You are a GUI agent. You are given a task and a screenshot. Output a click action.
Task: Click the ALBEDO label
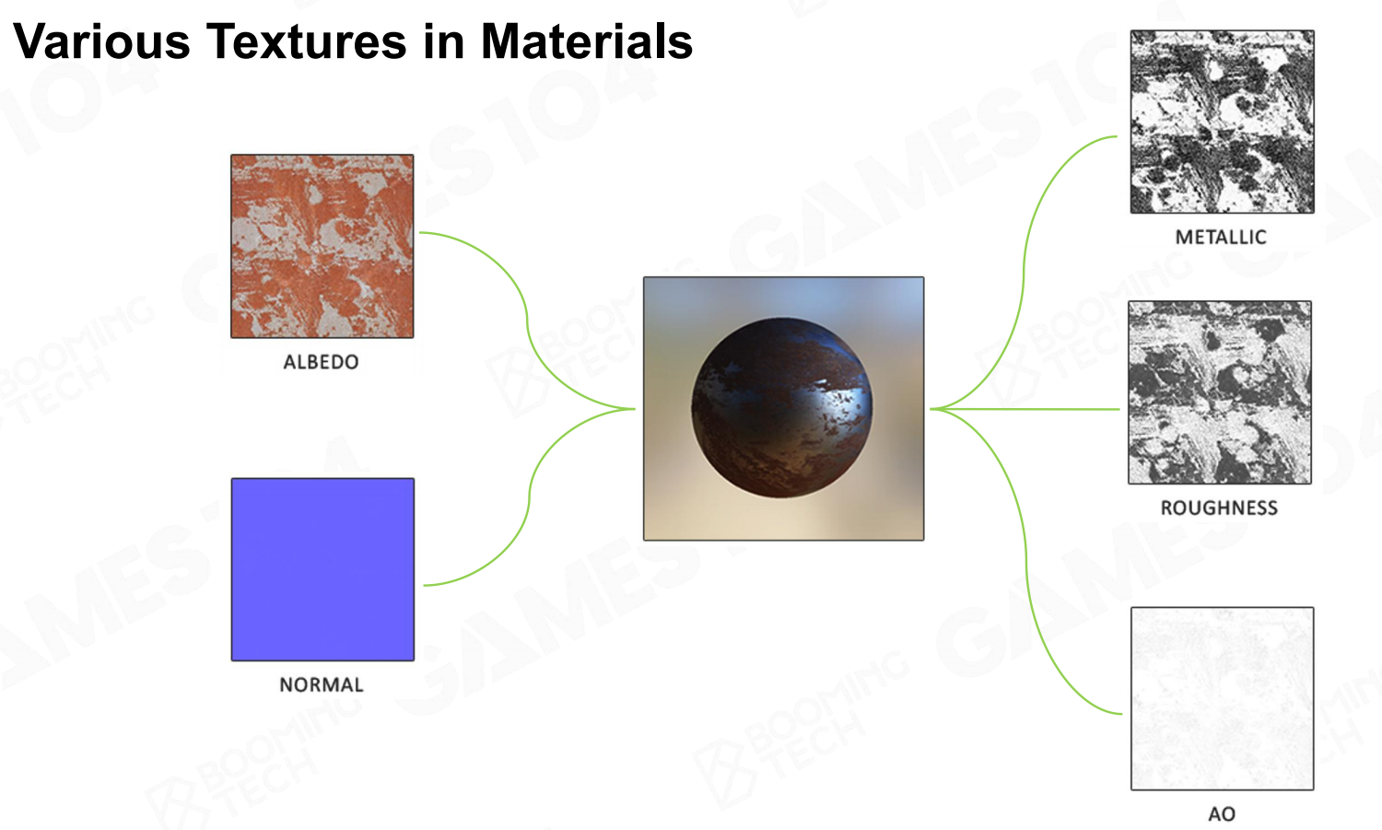coord(321,362)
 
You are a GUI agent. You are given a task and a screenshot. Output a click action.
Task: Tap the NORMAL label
coord(322,684)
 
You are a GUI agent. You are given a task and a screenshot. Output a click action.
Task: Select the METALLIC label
coord(1221,237)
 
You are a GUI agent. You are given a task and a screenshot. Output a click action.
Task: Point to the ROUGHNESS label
coord(1219,508)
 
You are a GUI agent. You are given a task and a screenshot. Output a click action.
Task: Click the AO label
coord(1222,814)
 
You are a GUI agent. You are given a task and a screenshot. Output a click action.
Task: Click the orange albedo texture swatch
coord(322,246)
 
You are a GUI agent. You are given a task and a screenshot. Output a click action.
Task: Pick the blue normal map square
coord(322,569)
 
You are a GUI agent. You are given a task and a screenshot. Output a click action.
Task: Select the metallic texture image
coord(1223,122)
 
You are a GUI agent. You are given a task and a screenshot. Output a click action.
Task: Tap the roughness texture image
coord(1220,392)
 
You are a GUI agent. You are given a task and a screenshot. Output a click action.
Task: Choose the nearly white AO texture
coord(1223,698)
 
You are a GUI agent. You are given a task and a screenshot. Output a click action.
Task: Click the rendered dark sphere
coord(781,408)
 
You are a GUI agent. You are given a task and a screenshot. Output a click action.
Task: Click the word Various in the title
coord(101,42)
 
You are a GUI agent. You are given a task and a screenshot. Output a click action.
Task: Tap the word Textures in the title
coord(307,42)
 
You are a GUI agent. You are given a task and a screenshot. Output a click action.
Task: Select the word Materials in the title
coord(587,42)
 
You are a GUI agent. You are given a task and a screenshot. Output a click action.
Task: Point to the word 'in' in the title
coord(444,42)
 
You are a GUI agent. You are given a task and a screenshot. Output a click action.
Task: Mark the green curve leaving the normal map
coord(529,497)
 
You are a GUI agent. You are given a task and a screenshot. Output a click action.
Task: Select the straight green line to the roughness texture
coord(1025,408)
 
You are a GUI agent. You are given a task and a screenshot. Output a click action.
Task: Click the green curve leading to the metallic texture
coord(1024,272)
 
